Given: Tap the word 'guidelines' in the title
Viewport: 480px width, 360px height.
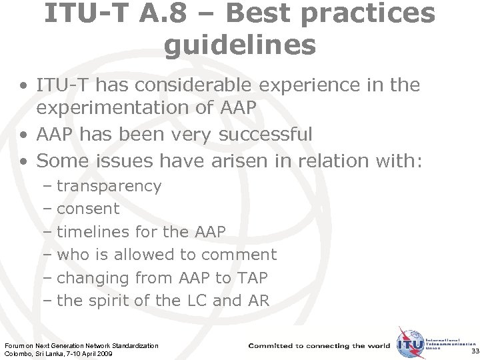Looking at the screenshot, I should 239,45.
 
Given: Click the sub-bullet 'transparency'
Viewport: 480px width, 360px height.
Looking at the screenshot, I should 109,186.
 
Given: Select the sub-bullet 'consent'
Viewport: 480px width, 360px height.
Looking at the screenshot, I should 88,209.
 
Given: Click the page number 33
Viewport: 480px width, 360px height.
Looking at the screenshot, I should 474,351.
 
